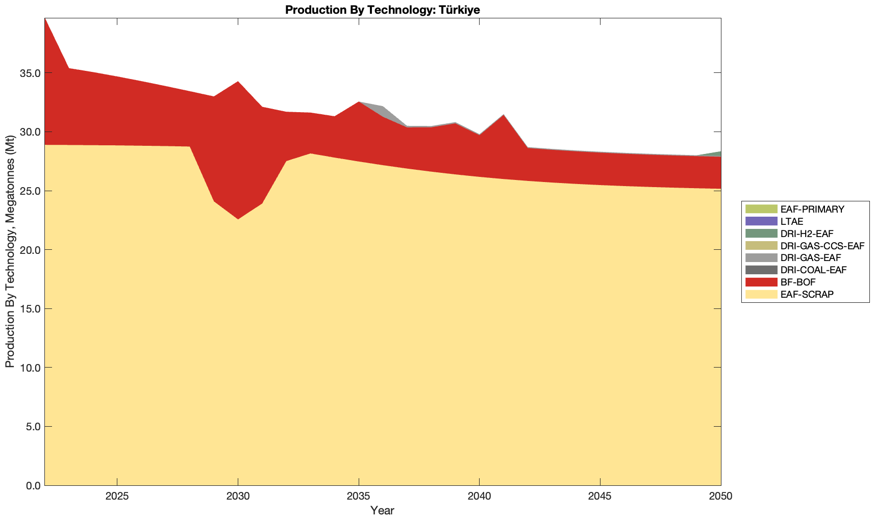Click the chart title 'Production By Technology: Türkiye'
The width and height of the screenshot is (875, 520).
(382, 10)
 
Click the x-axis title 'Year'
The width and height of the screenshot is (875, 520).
(382, 510)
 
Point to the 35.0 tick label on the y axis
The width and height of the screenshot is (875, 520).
(30, 73)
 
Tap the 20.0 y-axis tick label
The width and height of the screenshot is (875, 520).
(30, 250)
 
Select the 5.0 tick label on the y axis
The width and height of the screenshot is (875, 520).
(32, 427)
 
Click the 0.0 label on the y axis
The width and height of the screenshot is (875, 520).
(32, 486)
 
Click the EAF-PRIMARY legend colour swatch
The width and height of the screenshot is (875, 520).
(761, 209)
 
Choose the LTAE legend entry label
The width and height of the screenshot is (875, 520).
(792, 222)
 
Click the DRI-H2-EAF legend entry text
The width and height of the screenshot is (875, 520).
(807, 234)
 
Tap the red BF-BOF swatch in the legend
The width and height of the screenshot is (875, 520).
(761, 282)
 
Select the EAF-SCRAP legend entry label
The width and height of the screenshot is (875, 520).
(807, 295)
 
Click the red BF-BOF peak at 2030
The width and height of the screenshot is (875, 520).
(238, 148)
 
